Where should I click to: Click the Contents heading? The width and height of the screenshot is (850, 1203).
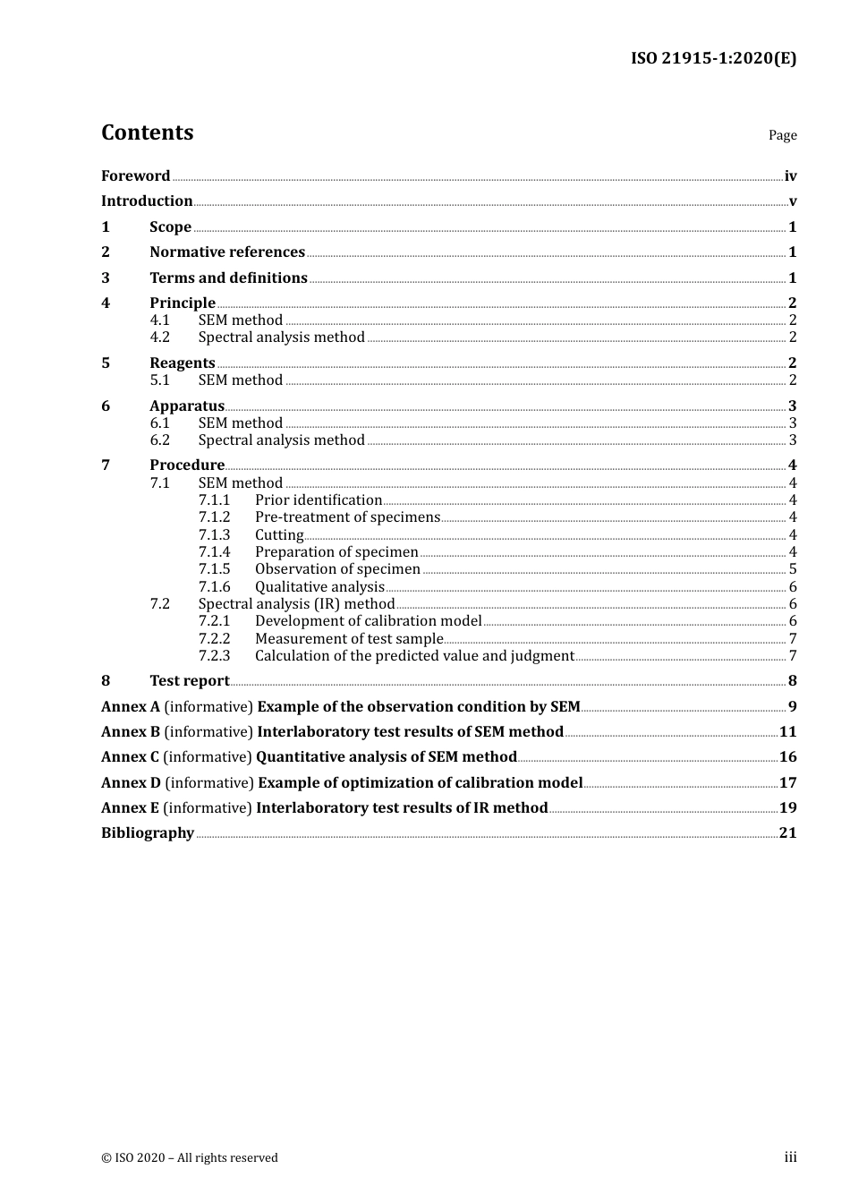tap(147, 132)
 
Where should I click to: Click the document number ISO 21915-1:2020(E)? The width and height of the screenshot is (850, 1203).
tap(713, 58)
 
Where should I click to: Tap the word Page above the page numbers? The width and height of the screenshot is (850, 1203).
tap(782, 135)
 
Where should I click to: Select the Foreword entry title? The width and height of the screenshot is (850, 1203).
tap(135, 175)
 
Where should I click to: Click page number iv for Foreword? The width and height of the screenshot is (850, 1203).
tap(790, 176)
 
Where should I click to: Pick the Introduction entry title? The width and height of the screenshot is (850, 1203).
tap(147, 201)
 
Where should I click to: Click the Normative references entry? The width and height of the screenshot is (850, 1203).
tap(227, 252)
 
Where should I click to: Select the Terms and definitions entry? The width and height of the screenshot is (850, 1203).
tap(228, 278)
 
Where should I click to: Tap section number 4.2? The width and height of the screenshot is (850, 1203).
tap(159, 337)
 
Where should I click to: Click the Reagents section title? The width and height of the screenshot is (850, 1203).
tap(183, 363)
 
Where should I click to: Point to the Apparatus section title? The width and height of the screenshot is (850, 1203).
tap(187, 405)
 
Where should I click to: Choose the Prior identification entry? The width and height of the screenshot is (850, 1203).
tap(319, 500)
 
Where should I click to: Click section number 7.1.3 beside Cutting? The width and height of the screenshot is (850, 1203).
tap(214, 535)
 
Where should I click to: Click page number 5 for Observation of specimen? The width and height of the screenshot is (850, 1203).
tap(793, 569)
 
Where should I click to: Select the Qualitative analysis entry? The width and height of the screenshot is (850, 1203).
tap(319, 587)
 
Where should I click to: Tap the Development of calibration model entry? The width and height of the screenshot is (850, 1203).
tap(368, 621)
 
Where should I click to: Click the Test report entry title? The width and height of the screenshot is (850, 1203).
tap(190, 681)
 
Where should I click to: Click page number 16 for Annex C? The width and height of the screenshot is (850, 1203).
tap(787, 757)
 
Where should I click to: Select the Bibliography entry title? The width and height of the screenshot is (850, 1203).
tap(148, 833)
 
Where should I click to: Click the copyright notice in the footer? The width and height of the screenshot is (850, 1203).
tap(190, 1157)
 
